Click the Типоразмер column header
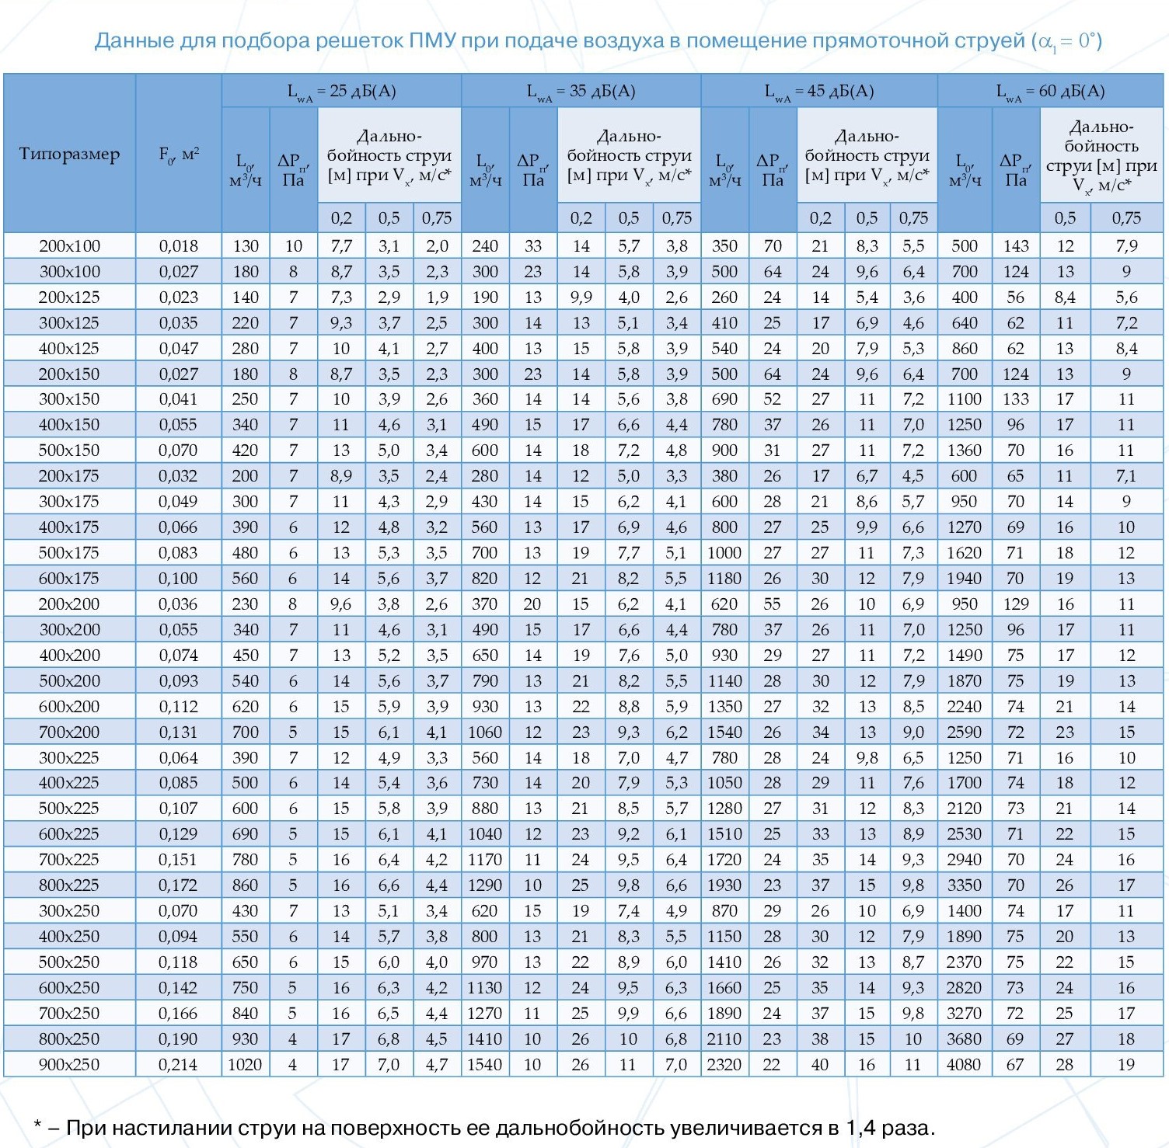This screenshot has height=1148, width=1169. click(x=69, y=154)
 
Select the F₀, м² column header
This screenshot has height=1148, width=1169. click(x=179, y=154)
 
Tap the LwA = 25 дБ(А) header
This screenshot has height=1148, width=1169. click(x=342, y=92)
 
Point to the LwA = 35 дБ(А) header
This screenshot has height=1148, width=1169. click(x=581, y=92)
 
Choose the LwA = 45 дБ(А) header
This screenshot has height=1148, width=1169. click(x=819, y=92)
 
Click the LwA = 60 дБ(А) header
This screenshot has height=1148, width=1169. click(x=1051, y=92)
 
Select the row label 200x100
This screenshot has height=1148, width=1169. click(x=70, y=246)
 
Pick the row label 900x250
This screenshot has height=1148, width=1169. click(x=70, y=1064)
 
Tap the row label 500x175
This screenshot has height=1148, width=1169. click(x=70, y=553)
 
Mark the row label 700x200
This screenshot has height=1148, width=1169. click(x=70, y=732)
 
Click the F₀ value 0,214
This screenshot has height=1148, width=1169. click(x=179, y=1064)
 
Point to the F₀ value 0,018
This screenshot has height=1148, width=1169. click(x=179, y=246)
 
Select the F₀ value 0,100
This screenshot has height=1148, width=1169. click(x=179, y=579)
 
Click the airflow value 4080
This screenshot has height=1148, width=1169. click(x=964, y=1064)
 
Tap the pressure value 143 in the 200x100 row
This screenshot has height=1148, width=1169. click(x=1016, y=246)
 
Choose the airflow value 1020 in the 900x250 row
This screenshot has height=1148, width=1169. click(x=246, y=1064)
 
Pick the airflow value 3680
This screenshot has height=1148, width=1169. click(x=964, y=1038)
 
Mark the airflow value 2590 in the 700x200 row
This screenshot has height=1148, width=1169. click(x=964, y=732)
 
